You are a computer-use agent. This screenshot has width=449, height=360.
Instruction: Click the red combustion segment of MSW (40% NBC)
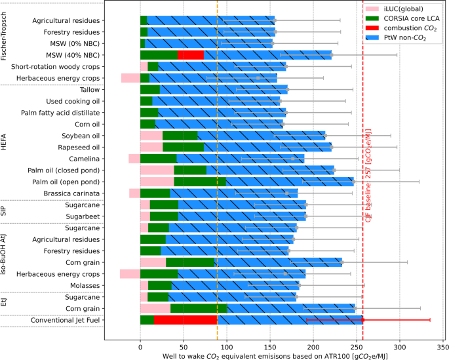point(191,55)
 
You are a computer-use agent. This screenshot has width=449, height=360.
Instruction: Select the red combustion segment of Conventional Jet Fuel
point(185,320)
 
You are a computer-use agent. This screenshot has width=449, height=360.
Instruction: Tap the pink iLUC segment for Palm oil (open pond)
point(157,182)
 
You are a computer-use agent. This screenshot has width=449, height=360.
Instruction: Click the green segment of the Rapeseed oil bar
point(184,147)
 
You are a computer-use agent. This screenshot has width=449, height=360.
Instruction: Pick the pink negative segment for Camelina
point(134,159)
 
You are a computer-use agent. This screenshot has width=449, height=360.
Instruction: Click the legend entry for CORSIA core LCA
point(402,18)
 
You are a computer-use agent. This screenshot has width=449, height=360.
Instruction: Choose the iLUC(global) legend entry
point(395,9)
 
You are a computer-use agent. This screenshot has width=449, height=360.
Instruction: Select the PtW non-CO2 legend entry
point(396,38)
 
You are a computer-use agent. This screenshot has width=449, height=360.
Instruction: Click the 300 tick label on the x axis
point(400,347)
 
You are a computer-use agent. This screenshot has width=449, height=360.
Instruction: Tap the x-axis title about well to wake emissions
point(275,356)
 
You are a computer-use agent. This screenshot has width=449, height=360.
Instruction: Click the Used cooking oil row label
point(73,102)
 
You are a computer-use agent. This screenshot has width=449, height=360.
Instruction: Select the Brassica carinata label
point(71,193)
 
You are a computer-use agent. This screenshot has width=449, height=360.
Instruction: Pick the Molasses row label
point(85,286)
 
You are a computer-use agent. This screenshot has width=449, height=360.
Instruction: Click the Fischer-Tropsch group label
point(3,36)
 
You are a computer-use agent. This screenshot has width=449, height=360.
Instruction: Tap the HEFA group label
point(3,142)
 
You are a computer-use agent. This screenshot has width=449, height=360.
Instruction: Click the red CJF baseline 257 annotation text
point(368,176)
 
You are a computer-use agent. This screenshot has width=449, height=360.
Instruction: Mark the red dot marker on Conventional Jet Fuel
point(363,320)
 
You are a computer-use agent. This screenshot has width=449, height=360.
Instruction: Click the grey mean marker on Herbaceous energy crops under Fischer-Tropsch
point(258,78)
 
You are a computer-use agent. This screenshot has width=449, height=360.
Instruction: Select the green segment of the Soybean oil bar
point(180,136)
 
